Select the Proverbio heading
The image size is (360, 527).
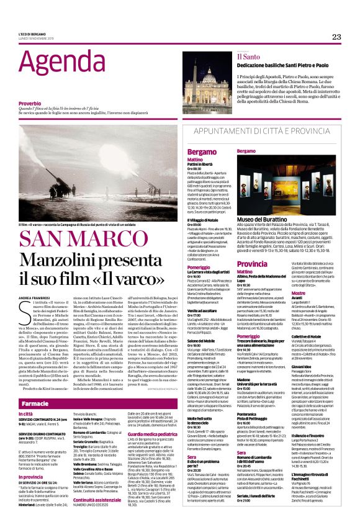coord(30,102)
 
